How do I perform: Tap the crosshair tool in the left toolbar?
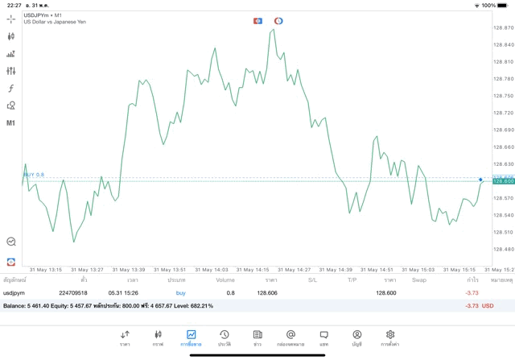point(10,19)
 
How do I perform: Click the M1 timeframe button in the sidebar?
point(10,123)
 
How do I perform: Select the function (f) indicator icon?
point(10,89)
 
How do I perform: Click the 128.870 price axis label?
point(503,27)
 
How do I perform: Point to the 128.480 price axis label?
point(503,249)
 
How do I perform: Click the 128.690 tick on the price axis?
point(503,130)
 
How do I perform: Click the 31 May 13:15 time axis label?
point(46,270)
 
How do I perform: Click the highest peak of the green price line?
point(274,30)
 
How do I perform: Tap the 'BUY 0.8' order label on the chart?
point(34,174)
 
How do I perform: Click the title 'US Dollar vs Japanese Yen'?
point(55,23)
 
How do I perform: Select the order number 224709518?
point(73,293)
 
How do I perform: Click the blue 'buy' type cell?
point(180,293)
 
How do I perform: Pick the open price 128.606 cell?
point(267,293)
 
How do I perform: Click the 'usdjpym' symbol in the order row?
point(15,293)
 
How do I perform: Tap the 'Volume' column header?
point(225,280)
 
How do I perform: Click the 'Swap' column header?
point(419,280)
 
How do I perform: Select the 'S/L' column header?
point(312,280)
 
